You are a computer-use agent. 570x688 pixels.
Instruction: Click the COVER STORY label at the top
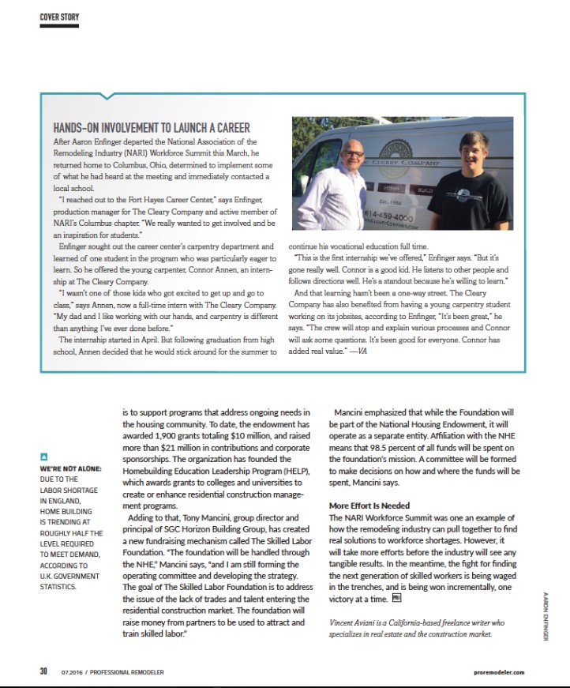[x=59, y=17]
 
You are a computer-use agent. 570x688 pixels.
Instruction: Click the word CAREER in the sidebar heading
[x=230, y=128]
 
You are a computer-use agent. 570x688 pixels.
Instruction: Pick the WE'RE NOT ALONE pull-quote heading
[x=71, y=469]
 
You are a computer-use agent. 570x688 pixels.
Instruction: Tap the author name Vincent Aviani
[x=355, y=622]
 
